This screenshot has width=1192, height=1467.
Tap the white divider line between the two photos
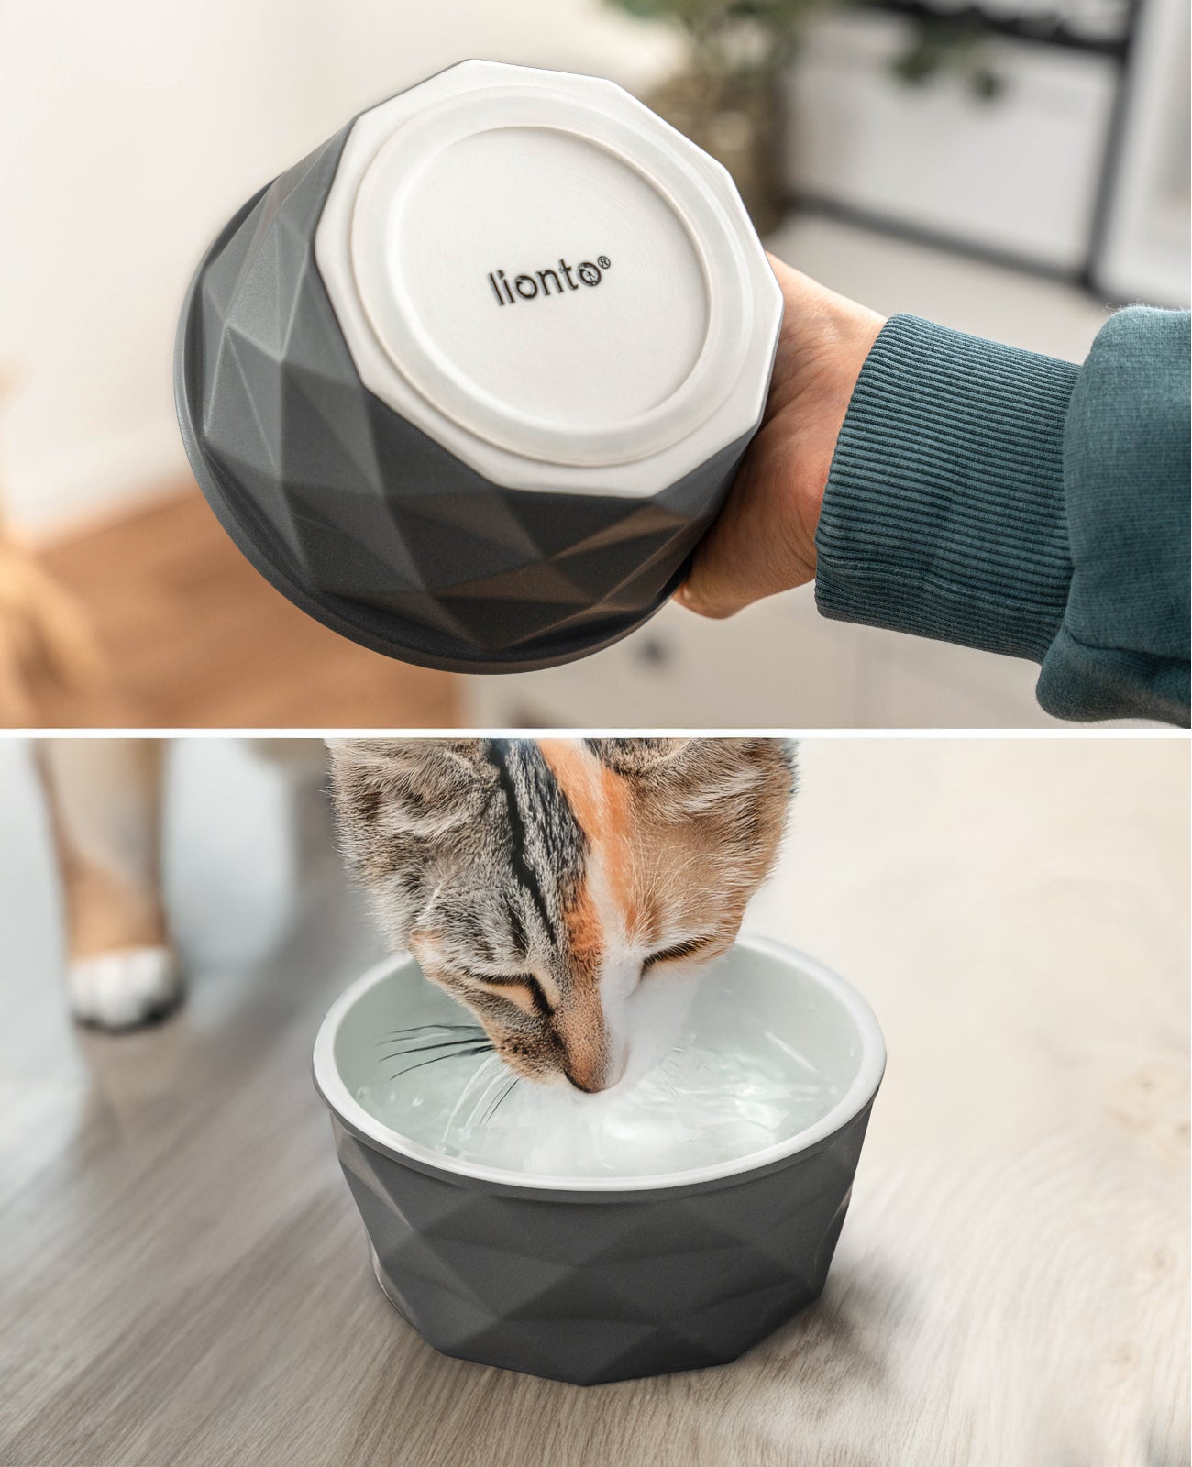(x=596, y=730)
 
